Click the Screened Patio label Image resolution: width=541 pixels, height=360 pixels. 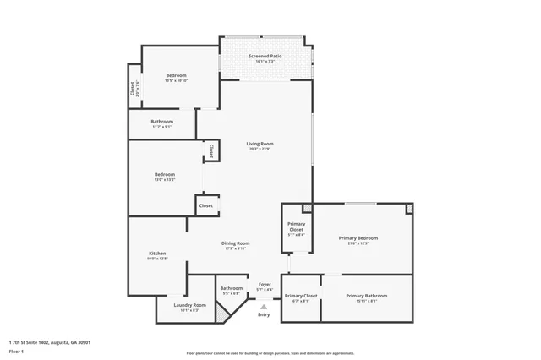[265, 56]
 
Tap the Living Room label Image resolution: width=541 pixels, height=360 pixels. [260, 144]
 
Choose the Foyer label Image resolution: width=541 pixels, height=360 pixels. [264, 285]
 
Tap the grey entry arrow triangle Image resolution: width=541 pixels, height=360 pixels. [264, 306]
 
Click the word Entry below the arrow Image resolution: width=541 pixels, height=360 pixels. [264, 314]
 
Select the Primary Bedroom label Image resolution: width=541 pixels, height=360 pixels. [358, 239]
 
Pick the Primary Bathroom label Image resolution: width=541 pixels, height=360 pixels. [366, 296]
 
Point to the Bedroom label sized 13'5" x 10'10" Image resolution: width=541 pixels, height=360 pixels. [176, 76]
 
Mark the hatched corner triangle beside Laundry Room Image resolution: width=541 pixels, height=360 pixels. [222, 312]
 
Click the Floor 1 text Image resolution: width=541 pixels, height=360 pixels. [17, 350]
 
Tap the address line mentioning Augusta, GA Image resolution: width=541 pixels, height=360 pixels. [50, 342]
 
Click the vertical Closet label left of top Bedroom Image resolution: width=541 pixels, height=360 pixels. [133, 87]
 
